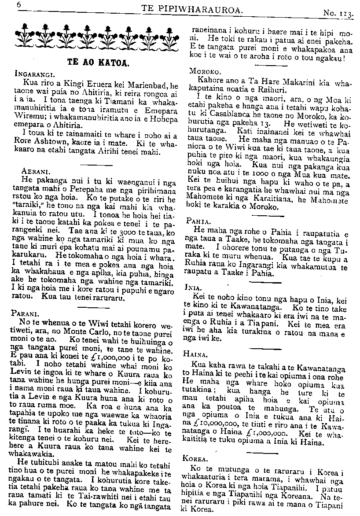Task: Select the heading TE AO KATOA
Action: (98, 62)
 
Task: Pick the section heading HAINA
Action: (198, 354)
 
